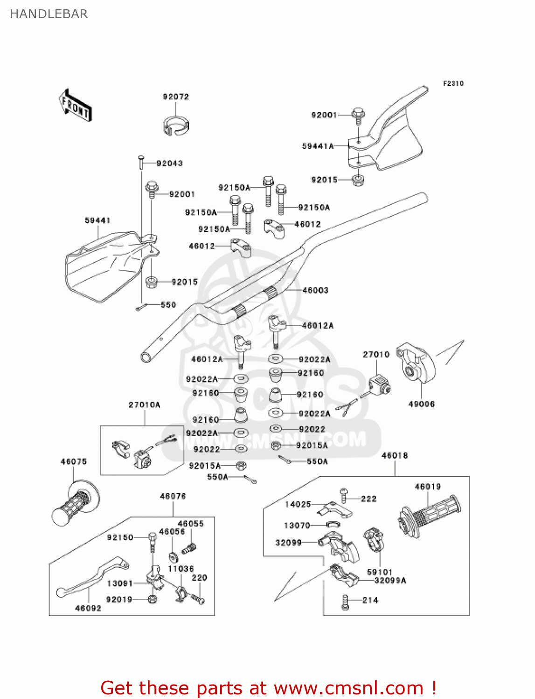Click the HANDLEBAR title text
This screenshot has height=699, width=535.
49,14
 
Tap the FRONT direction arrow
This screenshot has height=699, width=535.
75,106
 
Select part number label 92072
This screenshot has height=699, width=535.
176,97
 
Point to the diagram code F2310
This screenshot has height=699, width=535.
453,83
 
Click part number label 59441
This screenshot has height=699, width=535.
97,220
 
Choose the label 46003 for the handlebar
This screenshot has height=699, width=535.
315,290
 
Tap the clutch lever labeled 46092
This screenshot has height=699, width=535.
93,578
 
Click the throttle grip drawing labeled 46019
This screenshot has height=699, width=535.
429,515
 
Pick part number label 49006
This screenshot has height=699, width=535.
421,404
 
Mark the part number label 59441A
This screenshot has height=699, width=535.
318,146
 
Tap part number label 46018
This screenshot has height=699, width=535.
395,456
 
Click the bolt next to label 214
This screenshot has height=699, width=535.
345,602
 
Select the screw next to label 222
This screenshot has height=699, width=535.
344,495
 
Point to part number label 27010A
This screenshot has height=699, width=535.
145,405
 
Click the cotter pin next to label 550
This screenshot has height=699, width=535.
141,307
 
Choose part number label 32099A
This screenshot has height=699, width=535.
390,581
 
